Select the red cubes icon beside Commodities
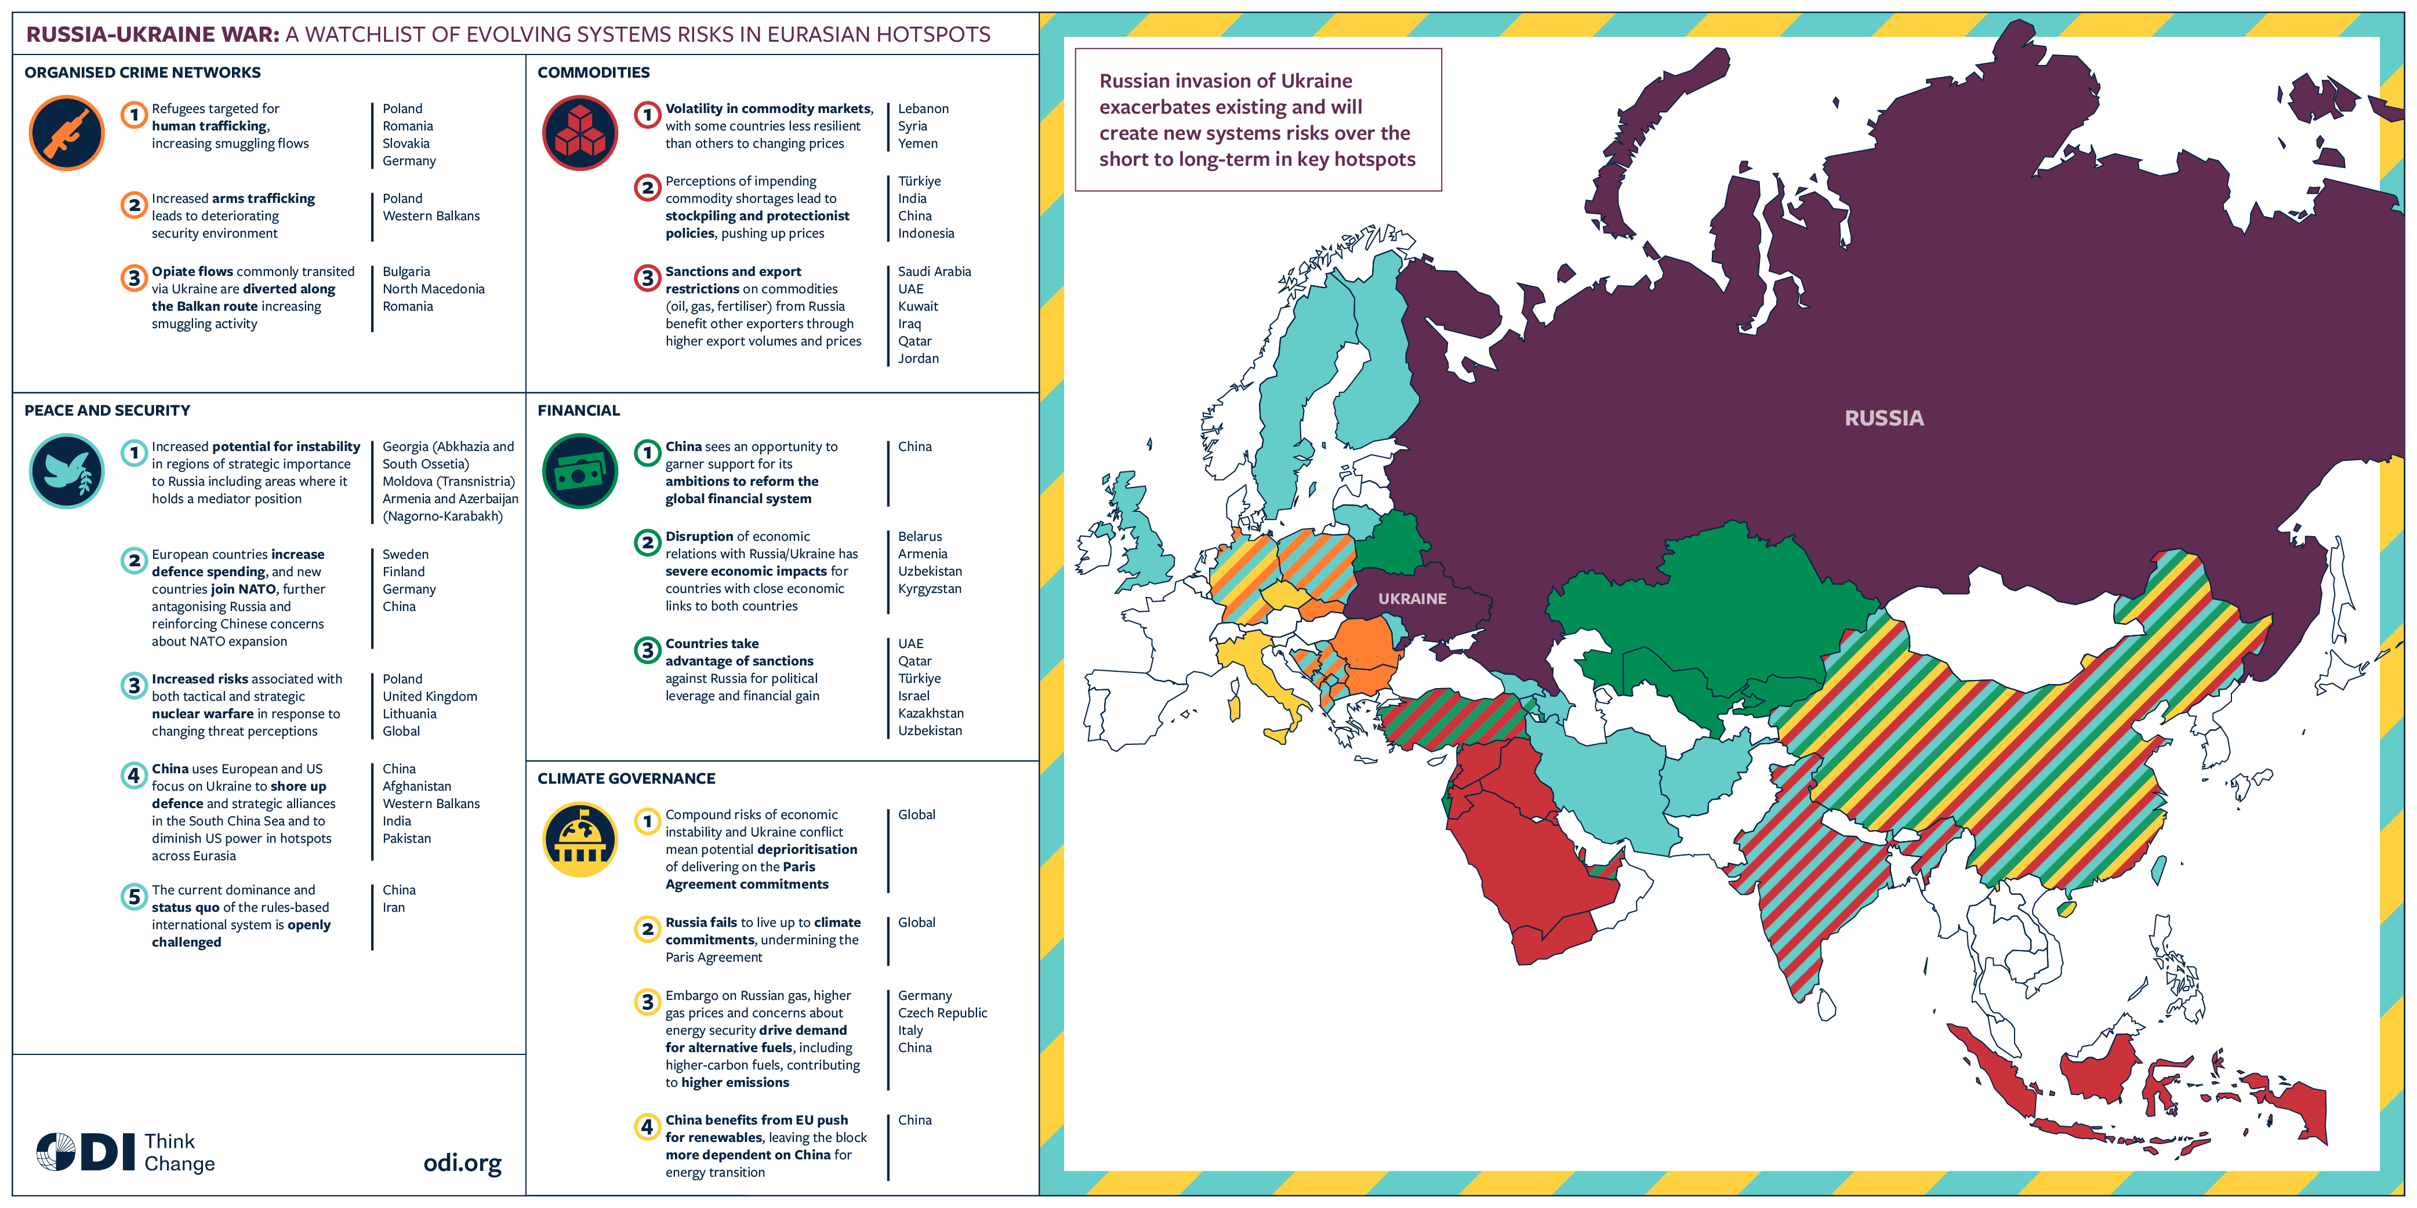(580, 133)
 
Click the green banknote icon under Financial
(580, 471)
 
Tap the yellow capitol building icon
(580, 839)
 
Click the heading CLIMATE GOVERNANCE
(626, 778)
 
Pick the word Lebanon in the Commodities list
(923, 109)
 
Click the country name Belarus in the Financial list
(920, 537)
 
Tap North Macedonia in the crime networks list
(434, 289)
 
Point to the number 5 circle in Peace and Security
(134, 897)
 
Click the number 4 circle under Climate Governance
(647, 1126)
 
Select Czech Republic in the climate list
(942, 1013)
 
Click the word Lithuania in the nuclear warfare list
(409, 714)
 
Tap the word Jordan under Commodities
(917, 358)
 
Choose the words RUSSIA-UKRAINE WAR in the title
(152, 35)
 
